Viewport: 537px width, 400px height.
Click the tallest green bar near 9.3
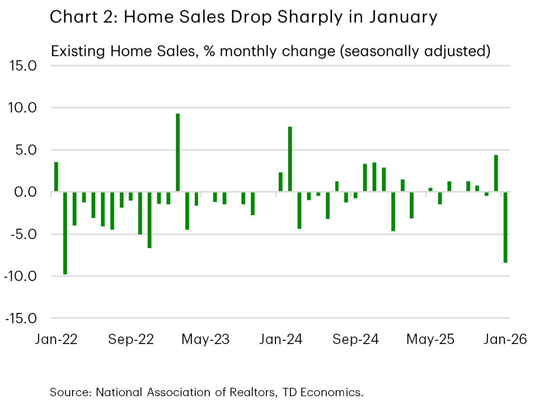(178, 153)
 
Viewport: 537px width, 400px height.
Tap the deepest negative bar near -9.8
(65, 233)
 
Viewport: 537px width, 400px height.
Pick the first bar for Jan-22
(56, 177)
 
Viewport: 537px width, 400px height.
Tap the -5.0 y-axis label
(21, 234)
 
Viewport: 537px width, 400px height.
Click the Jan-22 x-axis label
(56, 339)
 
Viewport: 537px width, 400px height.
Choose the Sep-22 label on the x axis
(131, 339)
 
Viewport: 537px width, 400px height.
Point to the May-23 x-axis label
(206, 339)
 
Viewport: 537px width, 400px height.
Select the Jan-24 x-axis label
(281, 339)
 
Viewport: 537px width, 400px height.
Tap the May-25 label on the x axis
(430, 339)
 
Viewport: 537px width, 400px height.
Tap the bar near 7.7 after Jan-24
(290, 160)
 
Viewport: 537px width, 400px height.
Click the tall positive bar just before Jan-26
(496, 174)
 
